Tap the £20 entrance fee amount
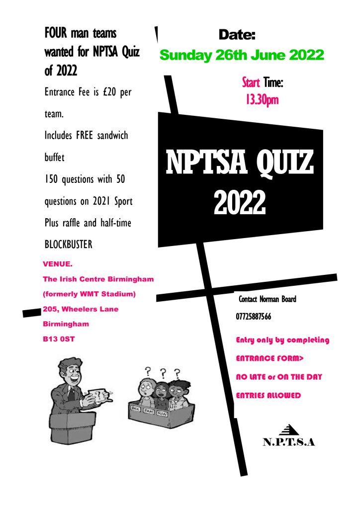point(109,93)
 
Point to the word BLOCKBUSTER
point(68,245)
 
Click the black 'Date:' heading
point(237,35)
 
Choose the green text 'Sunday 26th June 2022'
point(242,55)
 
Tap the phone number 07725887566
point(254,316)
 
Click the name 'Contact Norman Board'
point(268,299)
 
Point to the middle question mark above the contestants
point(162,371)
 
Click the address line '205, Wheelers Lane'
point(81,309)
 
